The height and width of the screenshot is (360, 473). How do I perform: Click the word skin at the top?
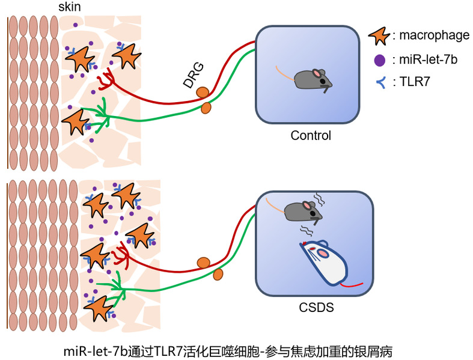(69, 7)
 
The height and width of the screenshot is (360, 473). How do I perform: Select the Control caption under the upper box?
(311, 136)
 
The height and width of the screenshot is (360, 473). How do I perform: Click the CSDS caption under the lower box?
(316, 308)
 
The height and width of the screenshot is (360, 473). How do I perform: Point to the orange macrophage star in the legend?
(379, 36)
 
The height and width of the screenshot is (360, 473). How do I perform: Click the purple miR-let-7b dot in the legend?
(379, 61)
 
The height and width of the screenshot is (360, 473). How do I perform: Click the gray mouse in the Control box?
(313, 79)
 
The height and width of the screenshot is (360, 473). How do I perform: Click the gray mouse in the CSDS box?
(302, 211)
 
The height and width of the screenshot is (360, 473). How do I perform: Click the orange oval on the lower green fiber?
(218, 274)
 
